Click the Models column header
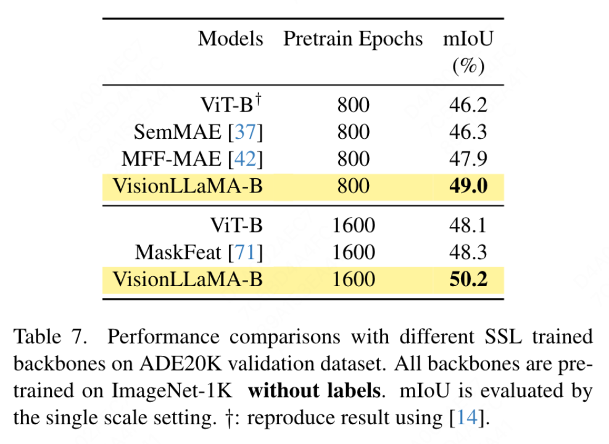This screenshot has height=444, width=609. pos(230,39)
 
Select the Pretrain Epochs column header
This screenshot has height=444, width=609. pos(353,39)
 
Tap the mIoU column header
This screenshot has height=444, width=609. pos(468,39)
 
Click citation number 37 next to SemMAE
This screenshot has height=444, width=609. pos(246,132)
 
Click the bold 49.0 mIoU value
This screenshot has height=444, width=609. pos(468,186)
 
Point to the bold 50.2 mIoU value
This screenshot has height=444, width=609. pos(468,279)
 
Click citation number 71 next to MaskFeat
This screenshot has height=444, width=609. pos(246,252)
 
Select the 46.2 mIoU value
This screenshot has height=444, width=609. pos(468,105)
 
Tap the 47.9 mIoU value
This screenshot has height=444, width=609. pos(468,159)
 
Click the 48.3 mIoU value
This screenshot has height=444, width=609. pos(468,252)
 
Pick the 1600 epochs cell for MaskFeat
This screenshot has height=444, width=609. pos(353,252)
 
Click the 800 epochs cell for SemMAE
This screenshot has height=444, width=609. pos(353,132)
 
